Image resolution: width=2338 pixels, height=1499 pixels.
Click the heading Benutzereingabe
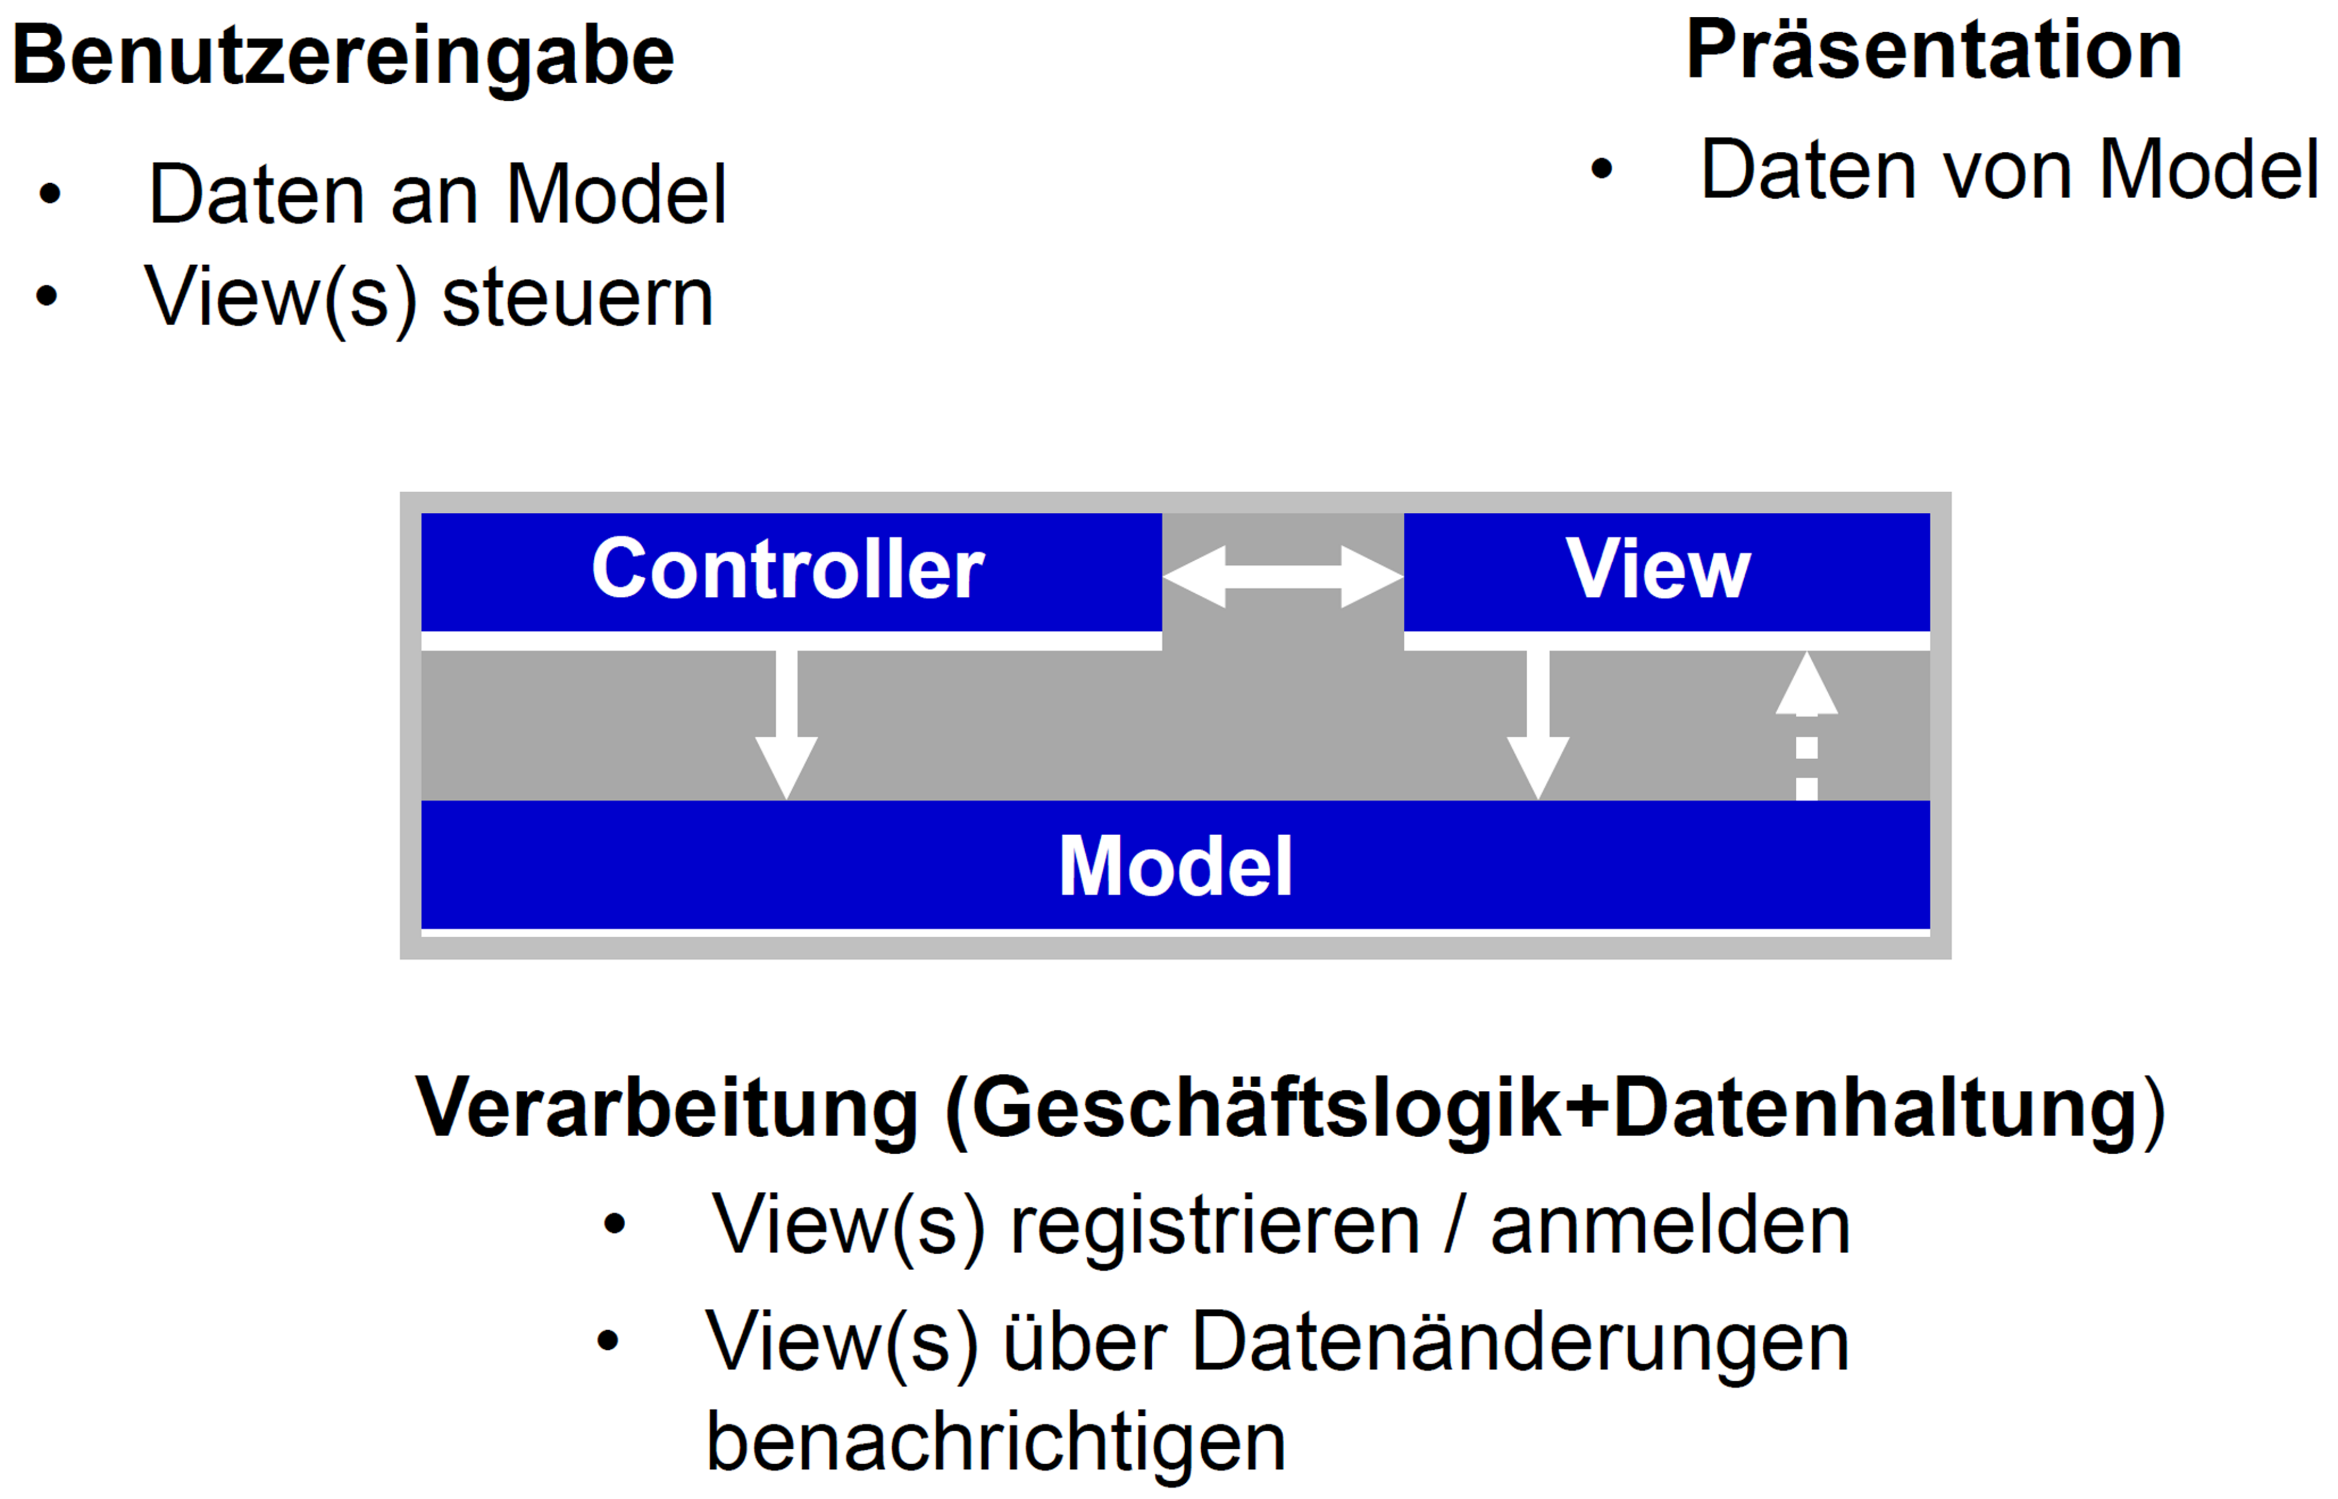click(x=343, y=56)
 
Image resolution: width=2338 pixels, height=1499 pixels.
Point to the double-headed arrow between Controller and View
click(x=1282, y=578)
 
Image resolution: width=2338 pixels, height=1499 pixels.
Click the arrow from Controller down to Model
click(x=787, y=725)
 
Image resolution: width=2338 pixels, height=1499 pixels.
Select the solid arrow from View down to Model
click(x=1538, y=725)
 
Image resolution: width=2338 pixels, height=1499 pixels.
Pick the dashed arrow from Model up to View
click(x=1806, y=725)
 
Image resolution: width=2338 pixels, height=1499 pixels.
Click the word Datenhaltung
click(x=1876, y=1108)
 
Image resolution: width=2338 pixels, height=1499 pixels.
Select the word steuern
click(x=578, y=298)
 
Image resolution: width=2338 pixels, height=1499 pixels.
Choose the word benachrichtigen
click(x=996, y=1443)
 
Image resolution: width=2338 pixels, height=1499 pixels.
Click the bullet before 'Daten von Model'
click(x=1601, y=169)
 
